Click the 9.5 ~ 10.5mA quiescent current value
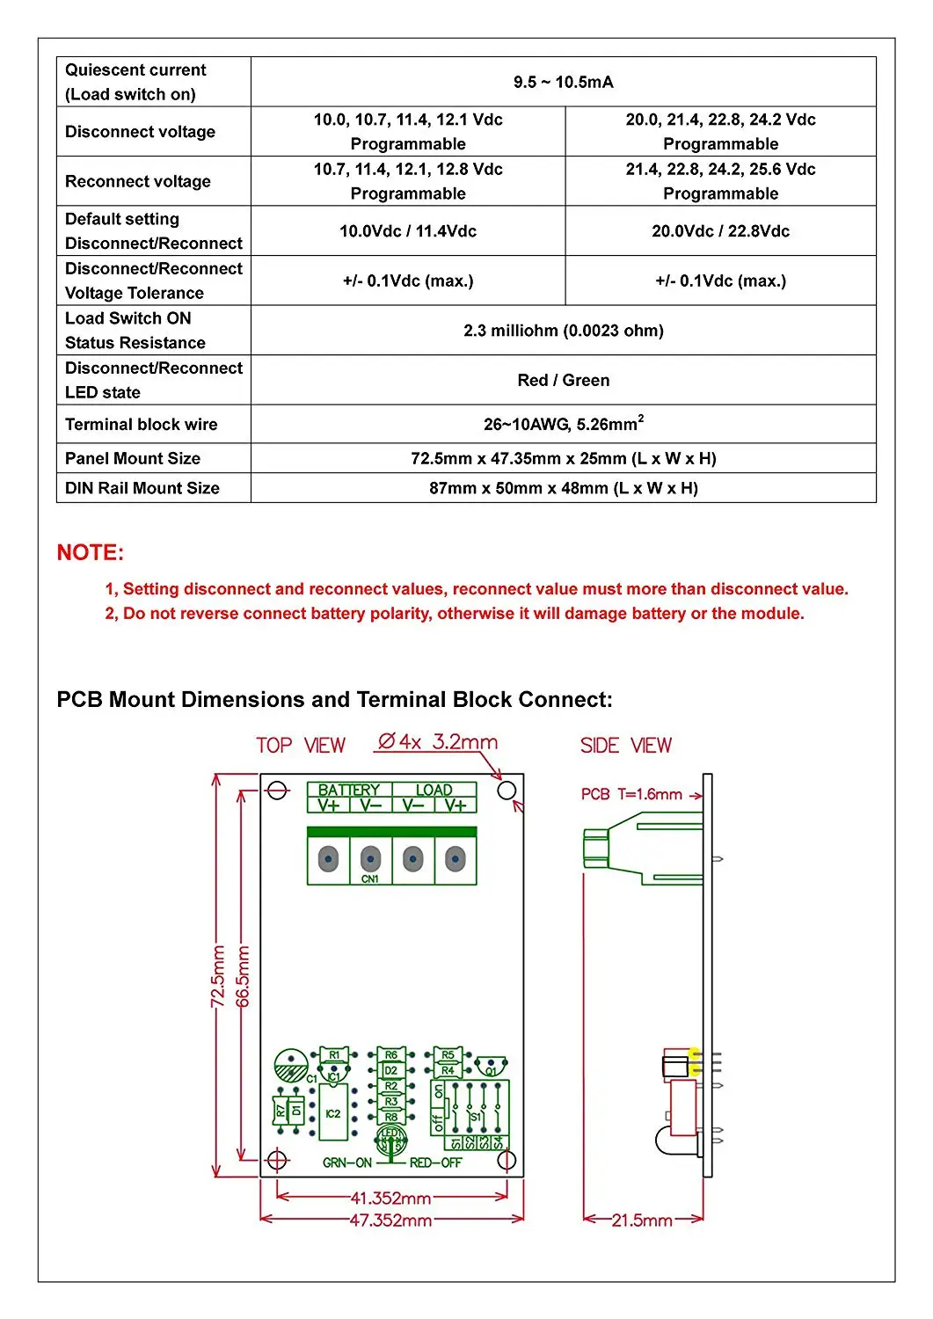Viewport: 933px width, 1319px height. tap(563, 82)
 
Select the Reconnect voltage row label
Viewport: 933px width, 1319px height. tap(138, 181)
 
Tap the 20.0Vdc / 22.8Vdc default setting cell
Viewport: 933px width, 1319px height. tap(720, 231)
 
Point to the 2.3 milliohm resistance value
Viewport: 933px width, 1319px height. tap(563, 331)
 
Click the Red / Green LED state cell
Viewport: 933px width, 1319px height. tap(563, 380)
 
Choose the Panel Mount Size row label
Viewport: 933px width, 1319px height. tap(133, 458)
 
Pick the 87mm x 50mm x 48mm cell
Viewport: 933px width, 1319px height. tap(563, 488)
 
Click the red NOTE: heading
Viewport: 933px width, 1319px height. tap(91, 552)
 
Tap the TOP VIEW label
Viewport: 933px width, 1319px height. tap(301, 746)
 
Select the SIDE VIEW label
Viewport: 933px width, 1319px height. tap(625, 746)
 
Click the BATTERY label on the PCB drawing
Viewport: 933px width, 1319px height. tap(349, 790)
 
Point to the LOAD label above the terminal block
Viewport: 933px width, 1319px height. tap(434, 790)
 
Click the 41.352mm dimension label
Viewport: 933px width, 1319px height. tap(390, 1198)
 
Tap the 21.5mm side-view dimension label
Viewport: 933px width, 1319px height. tap(642, 1221)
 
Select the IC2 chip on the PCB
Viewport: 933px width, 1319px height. tap(332, 1113)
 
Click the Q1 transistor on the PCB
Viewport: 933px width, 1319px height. tap(491, 1068)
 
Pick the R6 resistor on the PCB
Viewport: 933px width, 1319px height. tap(391, 1054)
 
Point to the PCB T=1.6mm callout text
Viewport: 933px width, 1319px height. tap(631, 794)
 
